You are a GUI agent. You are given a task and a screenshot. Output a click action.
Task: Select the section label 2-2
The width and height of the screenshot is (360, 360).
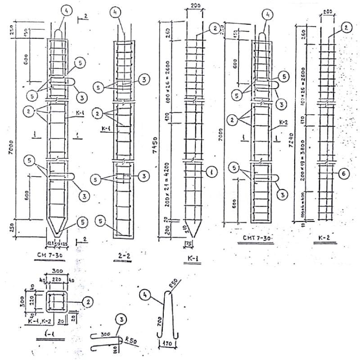pyautogui.click(x=124, y=256)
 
